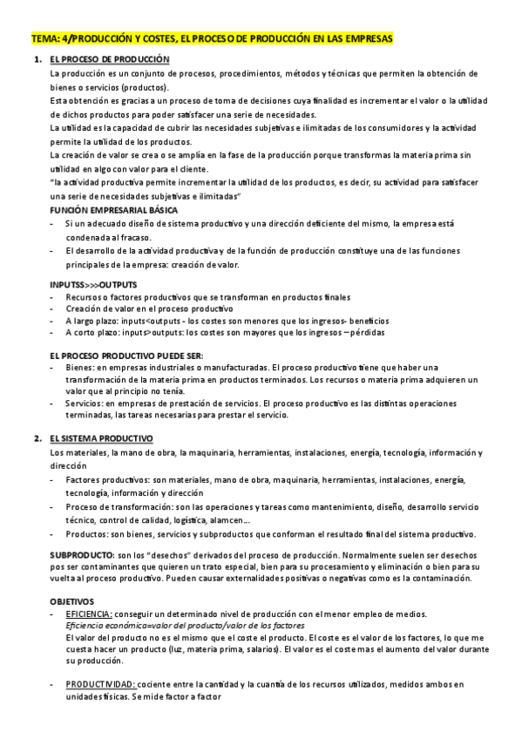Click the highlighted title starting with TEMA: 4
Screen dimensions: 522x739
pos(211,39)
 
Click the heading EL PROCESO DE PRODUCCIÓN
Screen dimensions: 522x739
pos(110,58)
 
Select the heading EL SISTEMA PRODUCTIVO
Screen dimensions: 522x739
pos(102,437)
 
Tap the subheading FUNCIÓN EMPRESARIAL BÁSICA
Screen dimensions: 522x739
pos(115,211)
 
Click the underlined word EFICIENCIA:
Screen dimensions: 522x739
pos(89,614)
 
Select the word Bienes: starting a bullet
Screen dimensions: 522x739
pos(81,368)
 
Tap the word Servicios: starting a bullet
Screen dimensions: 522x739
pos(88,403)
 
